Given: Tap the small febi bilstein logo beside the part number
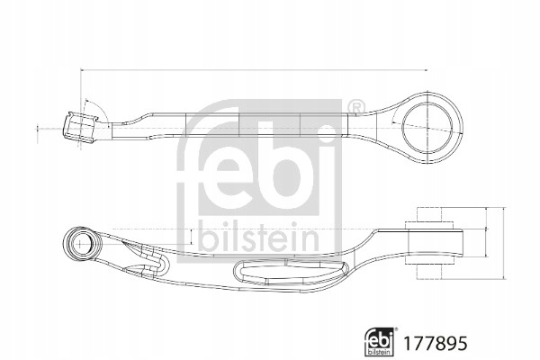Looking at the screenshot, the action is click(x=380, y=341).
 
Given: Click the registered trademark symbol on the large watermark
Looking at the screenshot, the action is click(x=356, y=106).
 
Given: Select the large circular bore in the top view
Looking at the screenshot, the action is click(x=427, y=127).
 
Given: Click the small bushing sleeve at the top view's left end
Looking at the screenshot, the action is click(x=80, y=128).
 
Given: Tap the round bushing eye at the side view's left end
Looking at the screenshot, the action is click(x=81, y=244).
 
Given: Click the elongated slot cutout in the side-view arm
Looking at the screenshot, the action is click(x=291, y=272).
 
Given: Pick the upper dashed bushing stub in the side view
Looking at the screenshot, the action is click(x=428, y=214).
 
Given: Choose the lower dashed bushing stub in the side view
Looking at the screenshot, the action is click(x=428, y=271).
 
